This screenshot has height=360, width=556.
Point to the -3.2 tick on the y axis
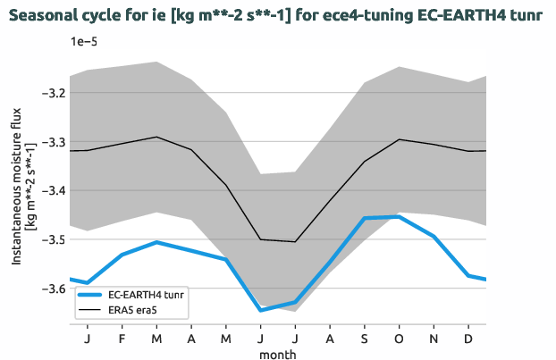(53, 93)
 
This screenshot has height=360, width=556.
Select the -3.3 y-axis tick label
(53, 142)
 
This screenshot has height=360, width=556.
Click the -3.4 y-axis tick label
(53, 191)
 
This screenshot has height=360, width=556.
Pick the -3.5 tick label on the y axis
(53, 239)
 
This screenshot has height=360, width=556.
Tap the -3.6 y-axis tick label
(53, 289)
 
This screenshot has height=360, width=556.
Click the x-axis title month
(277, 354)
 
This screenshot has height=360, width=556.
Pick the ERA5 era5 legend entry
(134, 310)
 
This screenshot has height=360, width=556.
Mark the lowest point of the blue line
(261, 310)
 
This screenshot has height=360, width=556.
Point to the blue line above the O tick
(399, 217)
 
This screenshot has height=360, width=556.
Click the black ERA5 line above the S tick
(365, 162)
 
